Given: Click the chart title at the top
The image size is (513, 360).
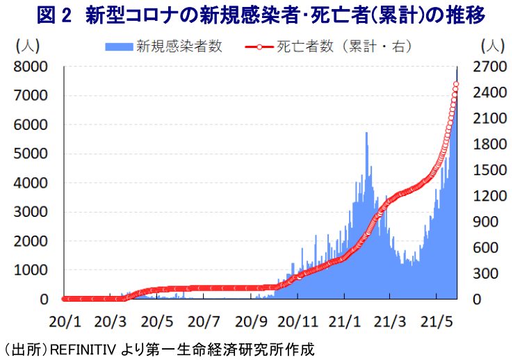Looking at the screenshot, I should point(256,15).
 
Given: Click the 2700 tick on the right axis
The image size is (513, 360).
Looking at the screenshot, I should point(491,67).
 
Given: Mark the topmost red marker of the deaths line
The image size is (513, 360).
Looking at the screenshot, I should point(457,84).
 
